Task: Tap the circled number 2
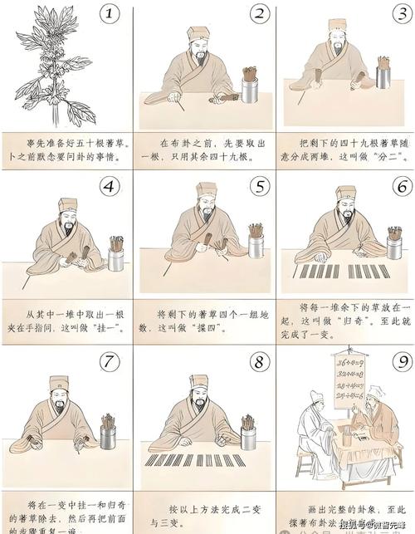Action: (x=260, y=15)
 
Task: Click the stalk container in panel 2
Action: (x=249, y=86)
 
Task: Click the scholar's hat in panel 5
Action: (x=206, y=189)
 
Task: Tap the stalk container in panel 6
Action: (x=394, y=244)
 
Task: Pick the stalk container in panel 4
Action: (x=115, y=256)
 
